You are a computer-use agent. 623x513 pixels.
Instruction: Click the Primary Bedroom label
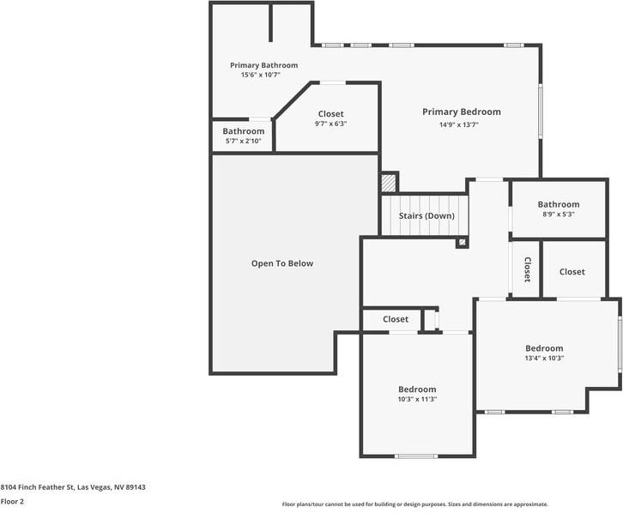[x=461, y=112]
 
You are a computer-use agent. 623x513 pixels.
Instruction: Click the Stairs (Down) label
[x=426, y=215]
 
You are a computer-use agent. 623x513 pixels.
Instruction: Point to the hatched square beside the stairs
[x=390, y=182]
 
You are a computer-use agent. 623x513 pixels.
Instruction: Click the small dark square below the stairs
[x=463, y=243]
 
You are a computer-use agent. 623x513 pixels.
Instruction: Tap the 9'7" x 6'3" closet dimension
[x=330, y=124]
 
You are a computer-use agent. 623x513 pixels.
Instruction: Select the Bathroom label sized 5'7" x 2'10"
[x=243, y=131]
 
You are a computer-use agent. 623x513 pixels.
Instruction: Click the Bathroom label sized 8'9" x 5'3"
[x=558, y=204]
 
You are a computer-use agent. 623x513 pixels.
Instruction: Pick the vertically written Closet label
[x=526, y=269]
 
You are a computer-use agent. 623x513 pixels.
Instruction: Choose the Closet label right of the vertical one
[x=572, y=271]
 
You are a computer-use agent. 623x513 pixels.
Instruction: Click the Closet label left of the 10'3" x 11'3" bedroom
[x=396, y=319]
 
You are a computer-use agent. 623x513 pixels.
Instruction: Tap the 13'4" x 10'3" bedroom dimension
[x=544, y=358]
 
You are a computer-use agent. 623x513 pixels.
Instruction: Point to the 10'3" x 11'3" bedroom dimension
[x=417, y=399]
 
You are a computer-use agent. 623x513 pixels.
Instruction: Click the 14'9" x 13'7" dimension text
[x=459, y=124]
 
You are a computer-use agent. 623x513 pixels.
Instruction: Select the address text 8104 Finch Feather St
[x=73, y=487]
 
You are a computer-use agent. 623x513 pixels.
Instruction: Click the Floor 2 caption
[x=12, y=501]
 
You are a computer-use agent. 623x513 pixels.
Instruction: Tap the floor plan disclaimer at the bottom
[x=414, y=504]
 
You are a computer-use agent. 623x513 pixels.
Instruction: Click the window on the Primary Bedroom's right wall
[x=540, y=110]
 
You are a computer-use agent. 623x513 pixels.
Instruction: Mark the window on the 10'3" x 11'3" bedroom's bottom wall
[x=416, y=455]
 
